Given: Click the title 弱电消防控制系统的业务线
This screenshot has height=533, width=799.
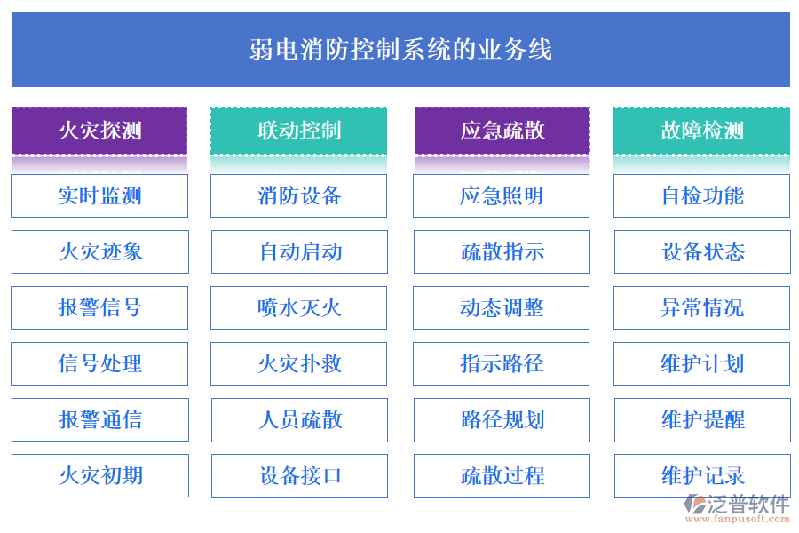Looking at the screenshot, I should (400, 49).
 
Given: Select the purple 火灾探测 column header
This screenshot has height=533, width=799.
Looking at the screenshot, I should (99, 131).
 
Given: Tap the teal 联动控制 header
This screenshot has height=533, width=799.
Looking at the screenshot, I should (298, 131).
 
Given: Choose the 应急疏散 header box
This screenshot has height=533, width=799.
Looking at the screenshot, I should (502, 131).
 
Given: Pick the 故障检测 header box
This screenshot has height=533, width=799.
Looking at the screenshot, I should (701, 131).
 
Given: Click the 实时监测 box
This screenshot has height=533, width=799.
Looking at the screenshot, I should (99, 195).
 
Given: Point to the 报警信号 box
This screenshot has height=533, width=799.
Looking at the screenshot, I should (99, 307).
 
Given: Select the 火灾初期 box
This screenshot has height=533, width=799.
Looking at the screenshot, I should (99, 475).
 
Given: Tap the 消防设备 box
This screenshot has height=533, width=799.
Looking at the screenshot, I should (298, 195).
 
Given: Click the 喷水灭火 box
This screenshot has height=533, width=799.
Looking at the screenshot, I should (298, 307).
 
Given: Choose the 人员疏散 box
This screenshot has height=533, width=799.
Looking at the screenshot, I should (298, 419).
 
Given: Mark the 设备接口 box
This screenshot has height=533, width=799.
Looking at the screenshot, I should (298, 475).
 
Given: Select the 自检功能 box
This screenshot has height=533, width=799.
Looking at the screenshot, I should (701, 195).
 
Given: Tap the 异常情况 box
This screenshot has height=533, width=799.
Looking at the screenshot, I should (701, 307).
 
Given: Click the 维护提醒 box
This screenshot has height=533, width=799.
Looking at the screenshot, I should (701, 419).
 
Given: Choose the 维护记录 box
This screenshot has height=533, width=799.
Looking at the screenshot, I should (701, 475).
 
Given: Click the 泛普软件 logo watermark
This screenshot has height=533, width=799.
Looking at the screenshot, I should (739, 507).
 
